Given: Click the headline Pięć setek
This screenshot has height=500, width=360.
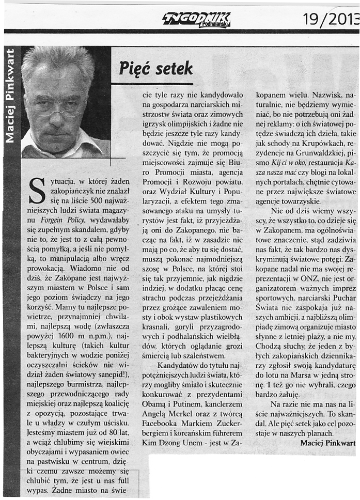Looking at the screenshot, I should point(155,69).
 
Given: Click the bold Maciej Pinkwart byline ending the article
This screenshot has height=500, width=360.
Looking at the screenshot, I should point(327,443).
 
